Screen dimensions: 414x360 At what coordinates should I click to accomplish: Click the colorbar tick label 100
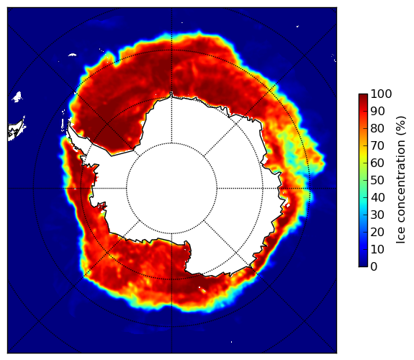pyautogui.click(x=381, y=94)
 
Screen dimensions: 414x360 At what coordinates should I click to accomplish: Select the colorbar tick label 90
pyautogui.click(x=377, y=111)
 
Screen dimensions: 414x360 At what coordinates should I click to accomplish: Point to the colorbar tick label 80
pyautogui.click(x=377, y=129)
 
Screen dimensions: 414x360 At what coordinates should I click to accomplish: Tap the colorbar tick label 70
pyautogui.click(x=377, y=145)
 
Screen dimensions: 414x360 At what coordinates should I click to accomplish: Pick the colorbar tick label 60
pyautogui.click(x=377, y=163)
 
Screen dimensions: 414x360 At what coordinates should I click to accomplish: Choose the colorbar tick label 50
pyautogui.click(x=377, y=181)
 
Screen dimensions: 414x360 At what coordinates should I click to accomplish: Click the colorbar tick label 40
pyautogui.click(x=377, y=197)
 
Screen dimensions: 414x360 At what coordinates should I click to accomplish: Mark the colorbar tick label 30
pyautogui.click(x=377, y=215)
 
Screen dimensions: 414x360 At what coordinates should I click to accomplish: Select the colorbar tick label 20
pyautogui.click(x=377, y=232)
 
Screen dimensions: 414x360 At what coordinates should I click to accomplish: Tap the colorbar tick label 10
pyautogui.click(x=377, y=249)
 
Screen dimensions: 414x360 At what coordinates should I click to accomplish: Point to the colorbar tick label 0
pyautogui.click(x=374, y=267)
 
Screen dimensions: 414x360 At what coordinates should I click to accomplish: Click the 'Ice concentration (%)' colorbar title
pyautogui.click(x=400, y=180)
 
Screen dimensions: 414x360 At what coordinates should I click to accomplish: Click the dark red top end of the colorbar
pyautogui.click(x=363, y=95)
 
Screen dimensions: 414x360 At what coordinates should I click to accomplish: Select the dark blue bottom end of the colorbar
pyautogui.click(x=363, y=265)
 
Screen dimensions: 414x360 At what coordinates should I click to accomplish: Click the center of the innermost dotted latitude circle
pyautogui.click(x=171, y=189)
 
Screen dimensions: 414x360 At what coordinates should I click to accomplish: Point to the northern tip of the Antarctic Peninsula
pyautogui.click(x=69, y=123)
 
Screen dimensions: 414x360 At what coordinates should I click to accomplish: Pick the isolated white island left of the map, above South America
pyautogui.click(x=17, y=96)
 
